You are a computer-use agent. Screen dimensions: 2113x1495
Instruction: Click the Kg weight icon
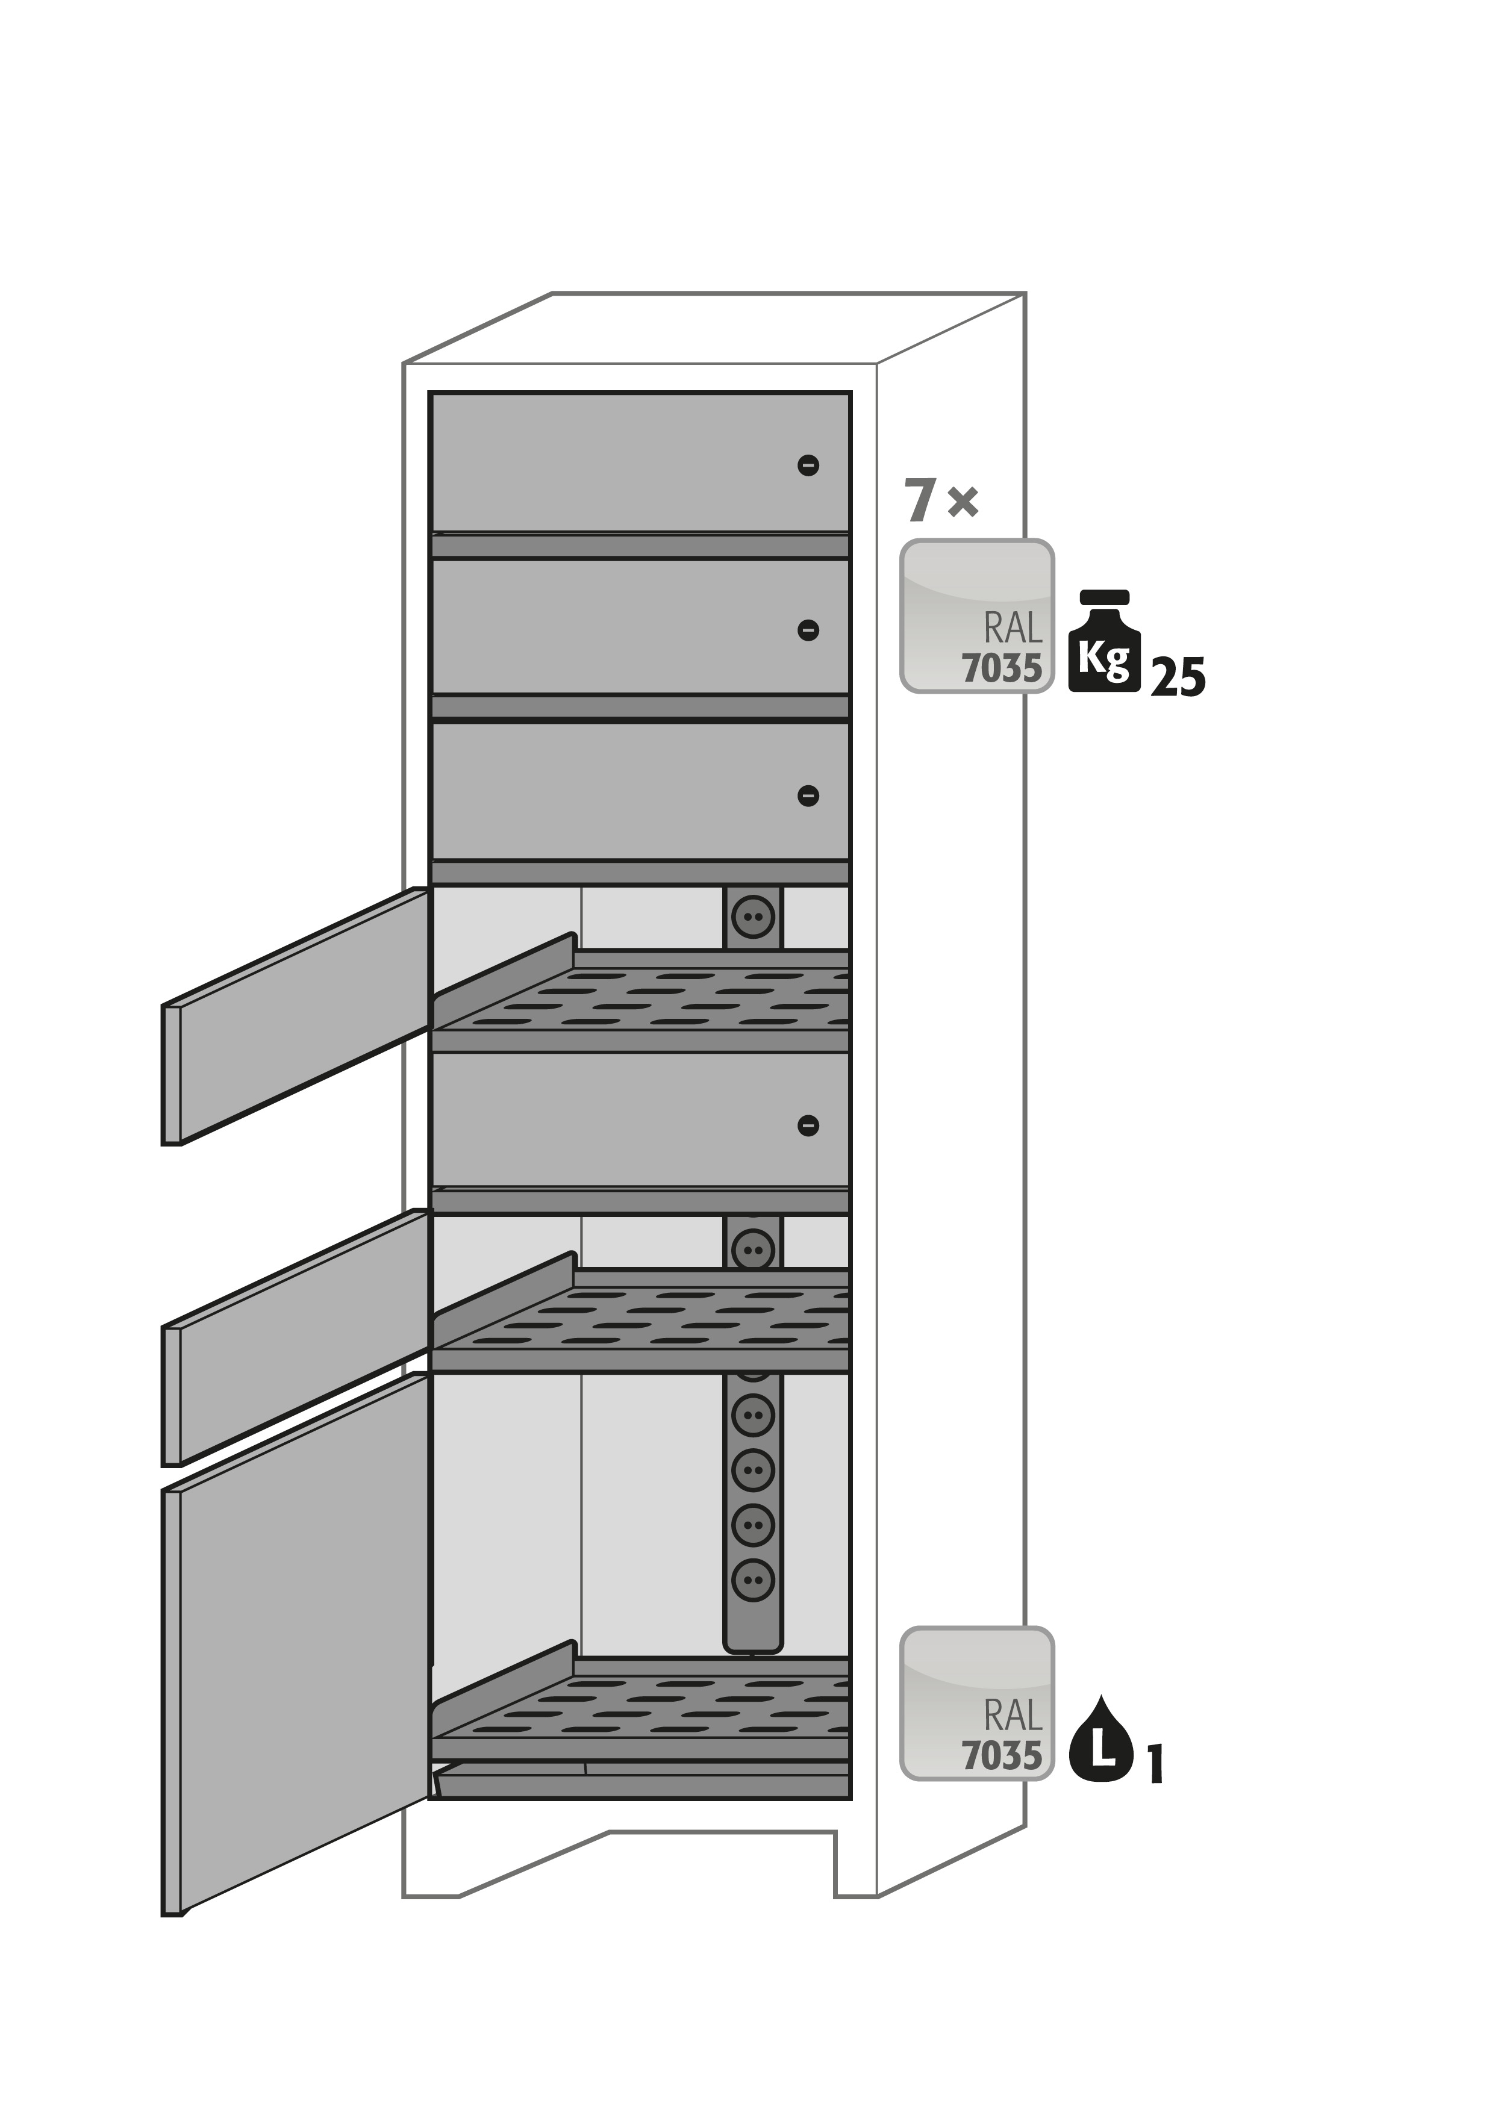1103,643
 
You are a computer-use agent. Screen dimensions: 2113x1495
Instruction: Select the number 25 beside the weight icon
1178,678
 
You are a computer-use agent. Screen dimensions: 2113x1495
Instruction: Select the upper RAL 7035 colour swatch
977,615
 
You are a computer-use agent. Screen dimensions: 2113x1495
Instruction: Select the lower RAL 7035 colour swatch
977,1704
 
